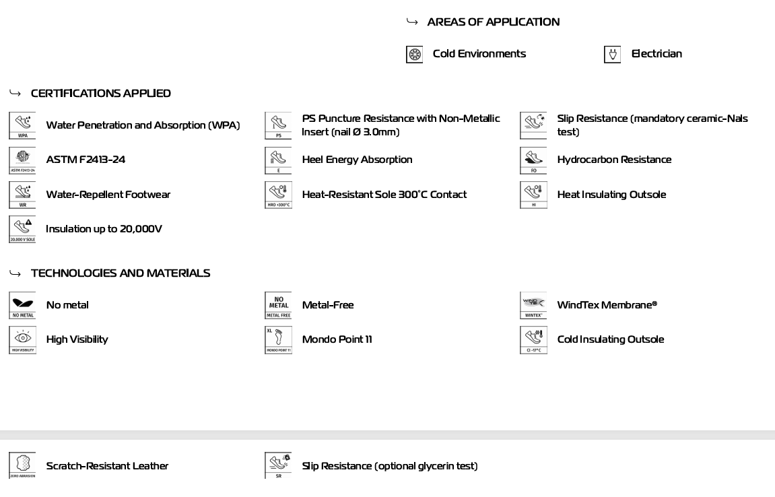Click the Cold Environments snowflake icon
coord(415,55)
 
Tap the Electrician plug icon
coord(612,55)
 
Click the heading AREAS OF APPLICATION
coord(493,22)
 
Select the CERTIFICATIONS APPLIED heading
coord(101,94)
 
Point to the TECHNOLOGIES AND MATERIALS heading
coord(121,273)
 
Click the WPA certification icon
coord(22,125)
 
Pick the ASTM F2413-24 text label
coord(86,160)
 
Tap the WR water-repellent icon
coord(22,195)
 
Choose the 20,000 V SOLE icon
coord(22,229)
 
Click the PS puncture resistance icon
coord(278,125)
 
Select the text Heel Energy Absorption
coord(357,160)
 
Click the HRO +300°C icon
coord(278,195)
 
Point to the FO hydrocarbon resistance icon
coord(533,160)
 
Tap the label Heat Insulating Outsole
coord(611,195)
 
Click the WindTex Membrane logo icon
coord(533,305)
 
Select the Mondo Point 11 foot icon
coord(278,339)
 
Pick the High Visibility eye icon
coord(22,339)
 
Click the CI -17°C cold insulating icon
coord(533,339)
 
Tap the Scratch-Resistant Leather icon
coord(22,465)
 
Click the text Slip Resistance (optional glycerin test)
coord(389,466)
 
